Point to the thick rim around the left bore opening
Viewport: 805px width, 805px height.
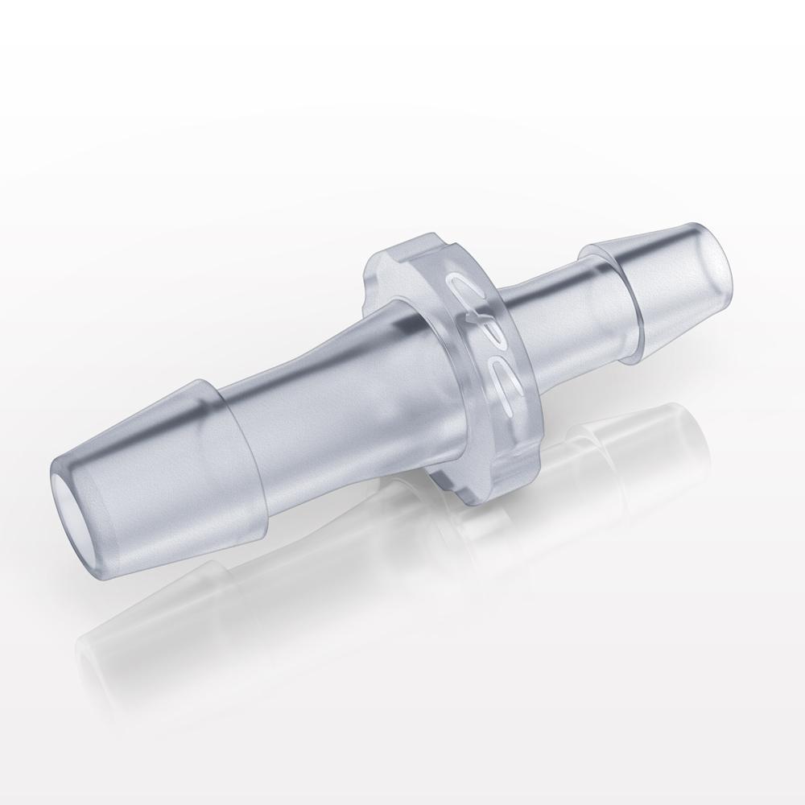click(60, 475)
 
